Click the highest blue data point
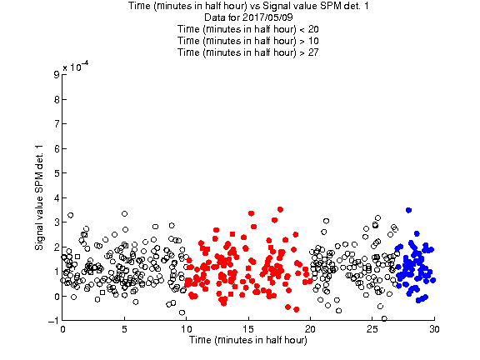(x=408, y=210)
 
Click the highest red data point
(x=280, y=209)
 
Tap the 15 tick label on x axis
(x=248, y=329)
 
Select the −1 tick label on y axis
(x=53, y=321)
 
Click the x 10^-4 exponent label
(x=76, y=67)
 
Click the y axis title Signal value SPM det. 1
(x=39, y=197)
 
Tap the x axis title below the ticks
(x=248, y=340)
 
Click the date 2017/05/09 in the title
(x=267, y=17)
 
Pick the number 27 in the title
(x=313, y=52)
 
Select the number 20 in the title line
(x=313, y=29)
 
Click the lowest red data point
(x=297, y=309)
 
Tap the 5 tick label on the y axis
(x=57, y=173)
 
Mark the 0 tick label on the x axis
(x=62, y=329)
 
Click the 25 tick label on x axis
(x=372, y=329)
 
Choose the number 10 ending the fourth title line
(x=313, y=41)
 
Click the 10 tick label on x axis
(x=186, y=329)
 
